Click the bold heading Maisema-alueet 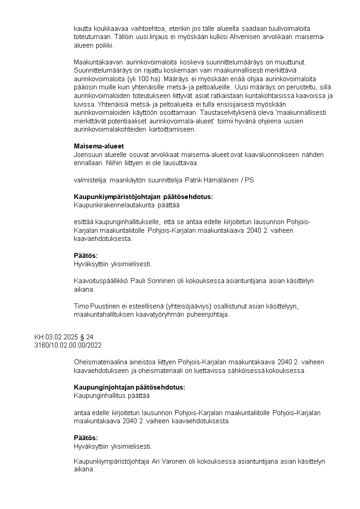99,146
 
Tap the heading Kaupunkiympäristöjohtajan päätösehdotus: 143,197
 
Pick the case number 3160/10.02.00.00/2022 68,345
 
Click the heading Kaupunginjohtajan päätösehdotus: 129,387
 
